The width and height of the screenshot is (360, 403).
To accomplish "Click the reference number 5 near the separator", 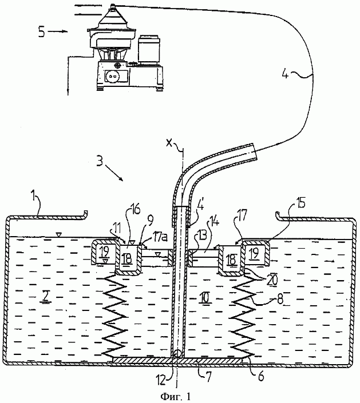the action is pos(42,33).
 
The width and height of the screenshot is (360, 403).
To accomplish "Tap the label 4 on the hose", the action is pos(285,74).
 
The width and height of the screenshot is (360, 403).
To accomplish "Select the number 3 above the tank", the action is pos(100,161).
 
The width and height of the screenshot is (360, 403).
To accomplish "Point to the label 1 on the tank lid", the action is pos(33,197).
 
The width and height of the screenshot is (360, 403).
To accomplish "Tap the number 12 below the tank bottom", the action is pos(161,380).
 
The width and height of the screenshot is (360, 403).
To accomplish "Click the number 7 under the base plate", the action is pos(208,377).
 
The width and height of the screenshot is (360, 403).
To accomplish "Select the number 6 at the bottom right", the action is pos(260,376).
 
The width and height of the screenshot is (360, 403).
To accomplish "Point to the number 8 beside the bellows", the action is pos(279,299).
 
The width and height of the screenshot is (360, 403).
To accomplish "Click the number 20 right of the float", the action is pos(272,280).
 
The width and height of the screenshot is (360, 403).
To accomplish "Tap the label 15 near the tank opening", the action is pos(300,202).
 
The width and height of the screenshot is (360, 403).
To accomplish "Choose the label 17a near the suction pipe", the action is pos(160,237).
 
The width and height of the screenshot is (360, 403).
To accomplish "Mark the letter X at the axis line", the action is pos(169,143).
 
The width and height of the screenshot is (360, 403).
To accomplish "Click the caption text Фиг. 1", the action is pos(176,396).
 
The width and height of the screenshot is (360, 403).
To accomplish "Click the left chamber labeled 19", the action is pos(104,253).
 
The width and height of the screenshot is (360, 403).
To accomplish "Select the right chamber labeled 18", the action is pos(231,260).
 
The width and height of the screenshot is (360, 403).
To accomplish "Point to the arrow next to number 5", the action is pos(57,31).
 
